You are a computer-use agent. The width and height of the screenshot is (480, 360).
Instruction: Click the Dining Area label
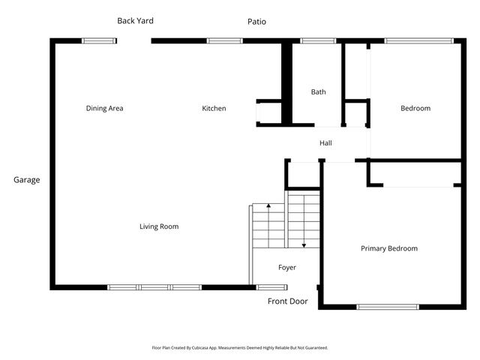coord(105,109)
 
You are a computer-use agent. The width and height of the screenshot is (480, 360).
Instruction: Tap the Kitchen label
coord(214,109)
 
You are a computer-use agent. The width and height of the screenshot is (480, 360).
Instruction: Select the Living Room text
coord(159,226)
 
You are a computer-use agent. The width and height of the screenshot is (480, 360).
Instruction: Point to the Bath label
coord(319,92)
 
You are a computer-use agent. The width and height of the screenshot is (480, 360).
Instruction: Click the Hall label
coord(325,143)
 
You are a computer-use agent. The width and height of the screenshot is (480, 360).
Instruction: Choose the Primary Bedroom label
coord(389,249)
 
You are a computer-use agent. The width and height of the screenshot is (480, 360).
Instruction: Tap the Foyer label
coord(287,268)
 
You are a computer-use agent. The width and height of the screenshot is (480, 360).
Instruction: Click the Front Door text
coord(288,301)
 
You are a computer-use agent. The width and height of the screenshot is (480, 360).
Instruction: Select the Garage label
coord(26,180)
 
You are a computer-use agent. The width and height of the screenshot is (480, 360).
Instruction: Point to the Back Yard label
coord(135,21)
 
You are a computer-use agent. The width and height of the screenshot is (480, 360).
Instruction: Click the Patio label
coord(256,22)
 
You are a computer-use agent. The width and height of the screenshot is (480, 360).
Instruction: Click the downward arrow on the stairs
coord(304,244)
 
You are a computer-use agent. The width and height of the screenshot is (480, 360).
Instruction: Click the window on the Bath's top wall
coord(318,40)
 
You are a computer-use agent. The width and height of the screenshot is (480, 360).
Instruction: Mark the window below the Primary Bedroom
coord(388,306)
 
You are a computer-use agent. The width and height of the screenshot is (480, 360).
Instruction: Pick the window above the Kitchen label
coord(219,40)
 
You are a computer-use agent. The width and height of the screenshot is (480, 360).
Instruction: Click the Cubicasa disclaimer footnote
coord(240,348)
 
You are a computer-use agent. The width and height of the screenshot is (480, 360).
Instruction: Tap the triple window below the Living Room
coord(155,286)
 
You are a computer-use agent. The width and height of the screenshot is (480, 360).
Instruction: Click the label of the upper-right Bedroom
coord(415,109)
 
